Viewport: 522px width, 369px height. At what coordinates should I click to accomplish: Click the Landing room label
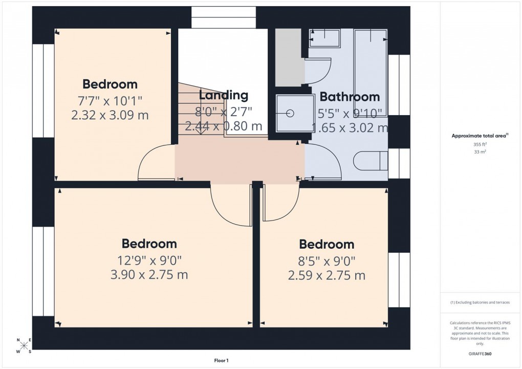pos(223,95)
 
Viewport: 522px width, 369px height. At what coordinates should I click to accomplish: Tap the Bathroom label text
pos(350,97)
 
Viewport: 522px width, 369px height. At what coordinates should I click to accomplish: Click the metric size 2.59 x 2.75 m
pos(327,276)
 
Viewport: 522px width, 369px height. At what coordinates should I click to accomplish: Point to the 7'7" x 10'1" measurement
pos(110,99)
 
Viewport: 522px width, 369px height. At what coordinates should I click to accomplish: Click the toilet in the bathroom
pos(371,160)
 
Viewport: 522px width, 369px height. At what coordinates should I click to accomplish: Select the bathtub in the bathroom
pos(371,72)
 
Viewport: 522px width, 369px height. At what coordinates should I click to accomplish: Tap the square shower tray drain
pos(291,114)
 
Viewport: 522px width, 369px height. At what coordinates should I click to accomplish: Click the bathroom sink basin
pos(325,37)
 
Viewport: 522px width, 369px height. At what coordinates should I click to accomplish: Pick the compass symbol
pos(24,345)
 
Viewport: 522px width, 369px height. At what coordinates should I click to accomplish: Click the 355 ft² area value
pos(480,145)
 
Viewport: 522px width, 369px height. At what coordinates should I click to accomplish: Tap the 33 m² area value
pos(480,152)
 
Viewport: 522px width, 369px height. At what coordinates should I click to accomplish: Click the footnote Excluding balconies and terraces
pos(480,302)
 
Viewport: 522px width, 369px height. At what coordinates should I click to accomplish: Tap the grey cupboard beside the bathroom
pos(288,57)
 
